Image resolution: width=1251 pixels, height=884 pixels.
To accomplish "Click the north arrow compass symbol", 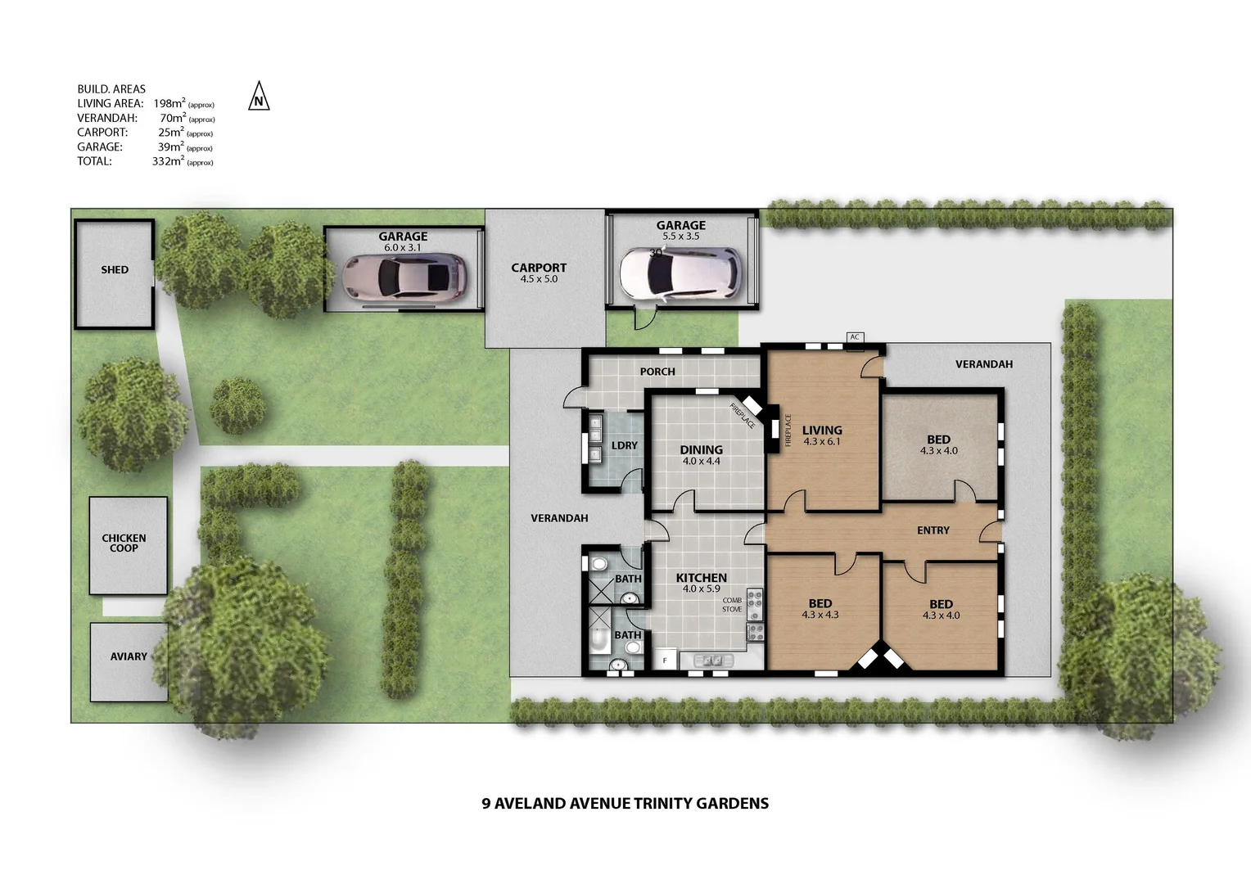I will coord(259,97).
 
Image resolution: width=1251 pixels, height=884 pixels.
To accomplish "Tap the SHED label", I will coord(115,269).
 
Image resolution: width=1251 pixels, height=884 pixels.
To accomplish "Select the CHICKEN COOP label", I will coord(124,543).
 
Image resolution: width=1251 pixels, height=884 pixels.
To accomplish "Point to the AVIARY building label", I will coord(129,656).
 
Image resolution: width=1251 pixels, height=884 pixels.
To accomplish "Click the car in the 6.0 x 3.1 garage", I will coord(404,277).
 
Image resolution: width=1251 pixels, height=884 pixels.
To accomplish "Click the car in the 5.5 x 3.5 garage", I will coord(680,273).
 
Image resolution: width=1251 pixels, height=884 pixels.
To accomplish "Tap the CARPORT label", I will coord(539,268).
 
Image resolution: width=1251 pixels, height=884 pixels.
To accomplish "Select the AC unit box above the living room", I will coord(856,336).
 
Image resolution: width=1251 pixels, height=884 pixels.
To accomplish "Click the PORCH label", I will coord(657,372).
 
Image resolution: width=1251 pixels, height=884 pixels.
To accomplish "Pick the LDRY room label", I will coord(624,445).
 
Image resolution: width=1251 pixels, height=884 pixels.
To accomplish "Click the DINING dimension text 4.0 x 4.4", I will coord(701,462).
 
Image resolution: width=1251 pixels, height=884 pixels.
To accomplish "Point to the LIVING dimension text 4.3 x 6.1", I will coord(822,442).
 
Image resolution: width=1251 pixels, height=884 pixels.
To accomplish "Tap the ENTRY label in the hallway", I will coord(933,530).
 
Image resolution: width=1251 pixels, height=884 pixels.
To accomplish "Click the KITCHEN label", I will coord(701,578).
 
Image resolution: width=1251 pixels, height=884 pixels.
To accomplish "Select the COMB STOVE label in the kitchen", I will coord(732,605).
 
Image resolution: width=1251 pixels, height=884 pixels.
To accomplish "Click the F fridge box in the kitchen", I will coord(665,660).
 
